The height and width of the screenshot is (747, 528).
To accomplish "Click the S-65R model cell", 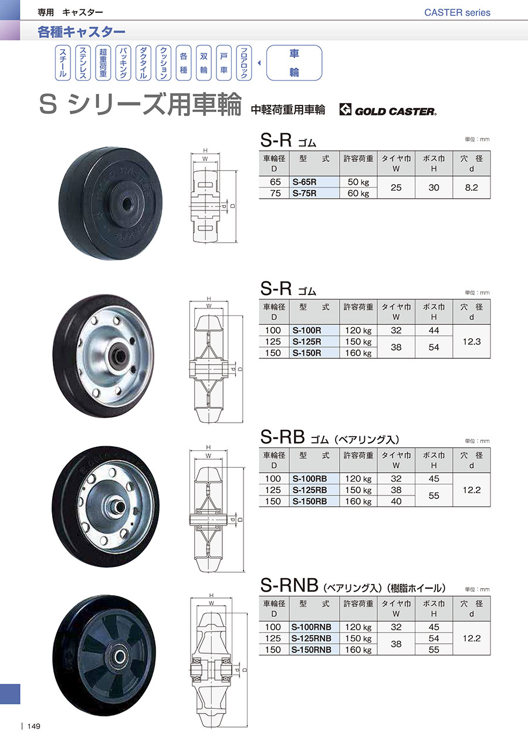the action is tap(314, 182).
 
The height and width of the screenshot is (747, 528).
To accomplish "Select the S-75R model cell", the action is tap(314, 193).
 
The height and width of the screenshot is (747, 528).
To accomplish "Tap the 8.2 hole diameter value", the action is tap(471, 188).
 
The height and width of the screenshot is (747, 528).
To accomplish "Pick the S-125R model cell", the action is tap(314, 341).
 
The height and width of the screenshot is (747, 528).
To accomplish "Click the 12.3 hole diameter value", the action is tap(471, 341).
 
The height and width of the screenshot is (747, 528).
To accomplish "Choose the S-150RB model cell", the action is tap(314, 501).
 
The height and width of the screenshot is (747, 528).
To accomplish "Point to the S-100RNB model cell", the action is tap(314, 627).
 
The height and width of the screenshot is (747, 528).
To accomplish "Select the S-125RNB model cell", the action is tap(314, 639).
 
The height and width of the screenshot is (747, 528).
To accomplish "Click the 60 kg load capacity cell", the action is tap(358, 193).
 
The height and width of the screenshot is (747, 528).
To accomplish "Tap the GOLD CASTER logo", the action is tap(388, 110).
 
